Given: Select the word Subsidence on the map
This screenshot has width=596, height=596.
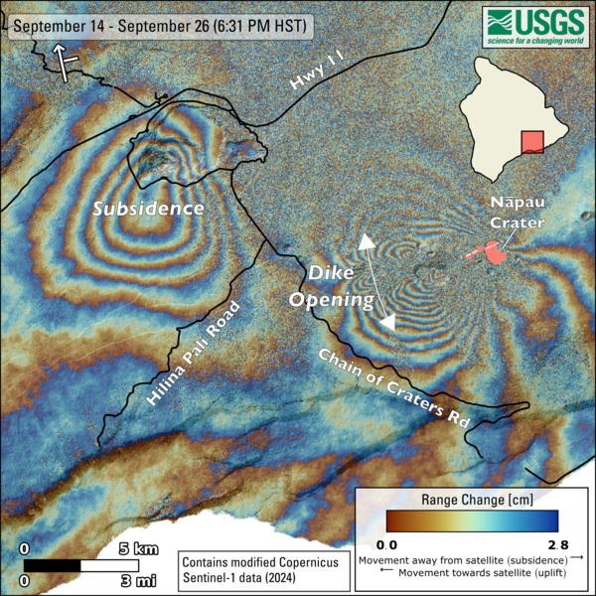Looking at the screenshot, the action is [x=148, y=209].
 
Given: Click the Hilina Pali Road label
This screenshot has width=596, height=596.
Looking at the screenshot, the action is [x=194, y=354].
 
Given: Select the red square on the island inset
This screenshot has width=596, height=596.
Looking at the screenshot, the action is [x=533, y=141].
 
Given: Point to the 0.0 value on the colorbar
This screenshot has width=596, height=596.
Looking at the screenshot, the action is [x=386, y=544].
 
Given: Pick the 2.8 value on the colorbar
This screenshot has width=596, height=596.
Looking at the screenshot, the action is [x=557, y=544].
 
